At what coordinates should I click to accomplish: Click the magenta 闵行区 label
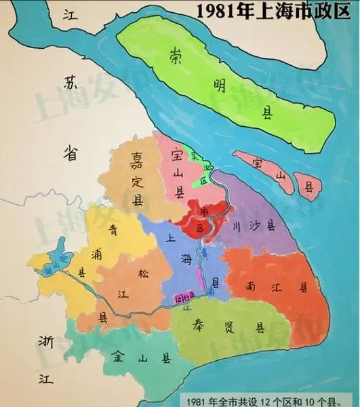coord(182,296)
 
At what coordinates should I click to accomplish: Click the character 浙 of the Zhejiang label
coord(46,341)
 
